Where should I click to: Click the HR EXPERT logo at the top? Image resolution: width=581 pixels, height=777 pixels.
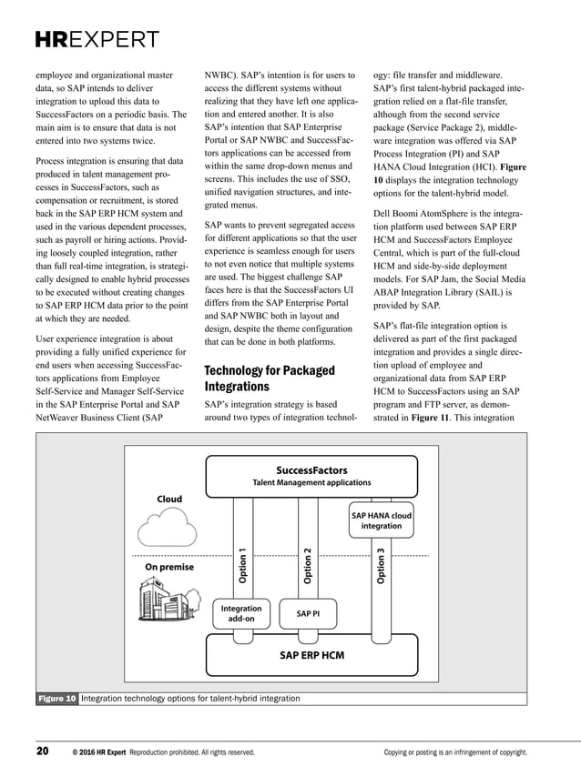tap(97, 40)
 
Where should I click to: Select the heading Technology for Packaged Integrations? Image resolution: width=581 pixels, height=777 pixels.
tap(269, 379)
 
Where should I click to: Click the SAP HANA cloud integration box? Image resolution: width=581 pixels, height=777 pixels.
tap(381, 520)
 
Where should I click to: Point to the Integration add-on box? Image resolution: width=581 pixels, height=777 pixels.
tap(240, 613)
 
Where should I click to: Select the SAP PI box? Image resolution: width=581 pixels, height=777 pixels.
tap(309, 614)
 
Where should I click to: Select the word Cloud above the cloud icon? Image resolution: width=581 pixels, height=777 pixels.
tap(168, 499)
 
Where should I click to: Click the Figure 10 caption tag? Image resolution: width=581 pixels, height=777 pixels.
tap(56, 698)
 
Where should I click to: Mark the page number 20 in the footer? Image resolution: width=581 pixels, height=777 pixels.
tap(43, 752)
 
